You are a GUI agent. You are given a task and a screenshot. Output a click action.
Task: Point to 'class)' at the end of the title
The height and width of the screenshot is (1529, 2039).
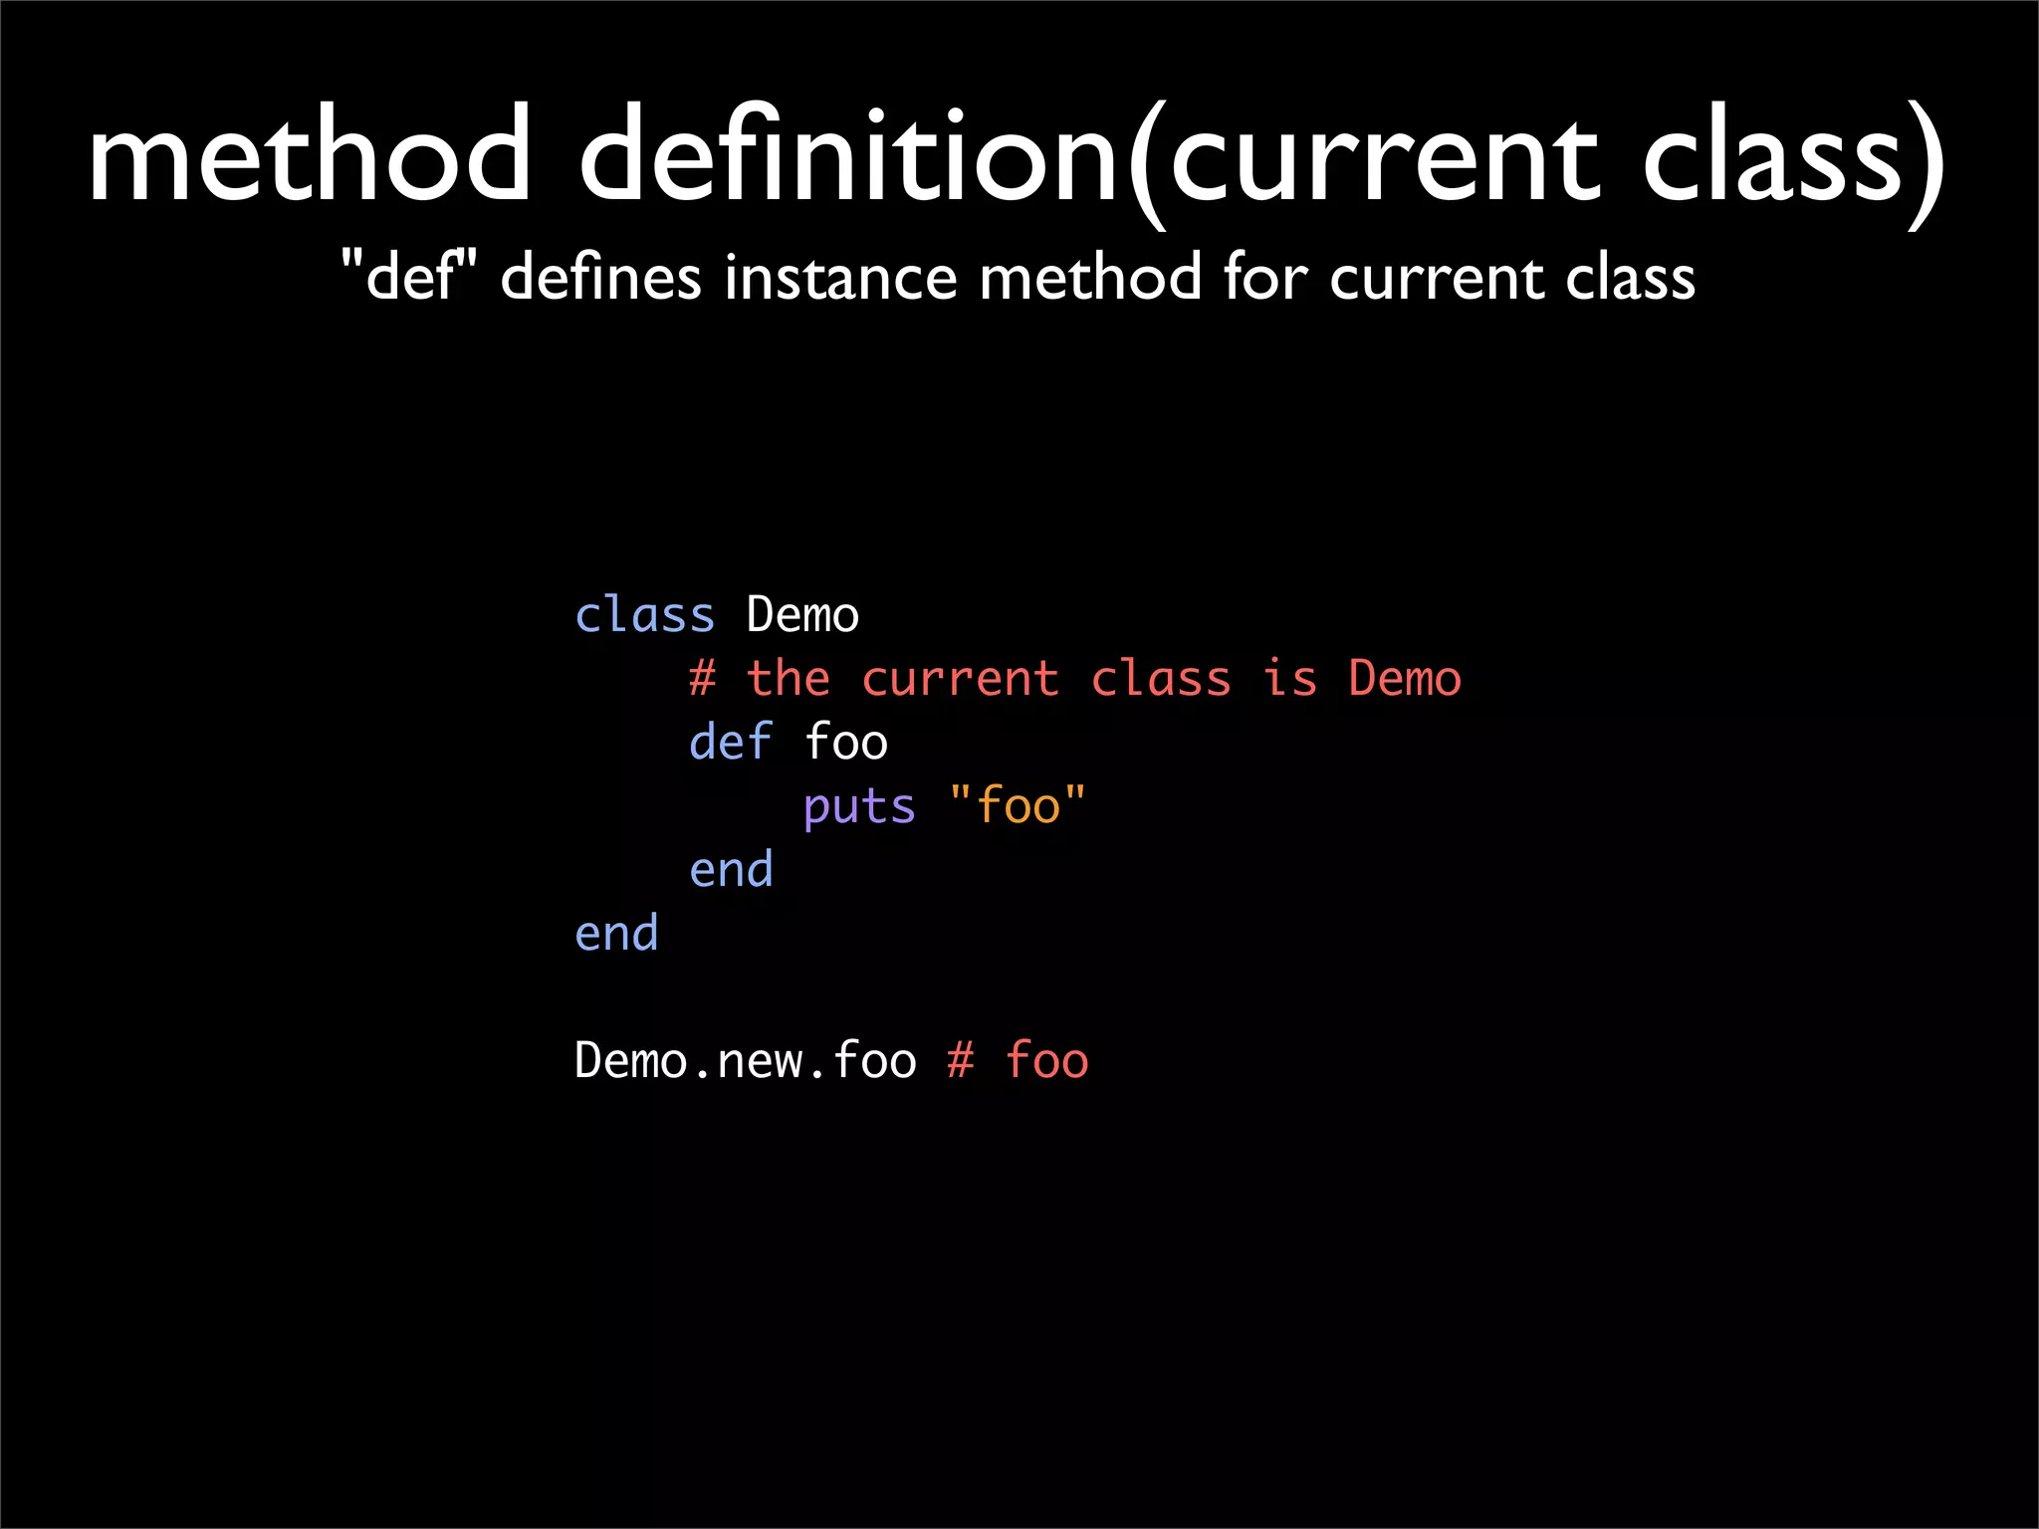(x=1791, y=159)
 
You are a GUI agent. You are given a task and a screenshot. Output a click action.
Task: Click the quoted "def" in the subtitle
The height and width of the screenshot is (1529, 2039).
(x=409, y=276)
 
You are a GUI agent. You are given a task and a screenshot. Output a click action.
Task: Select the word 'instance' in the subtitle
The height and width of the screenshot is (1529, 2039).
(x=839, y=277)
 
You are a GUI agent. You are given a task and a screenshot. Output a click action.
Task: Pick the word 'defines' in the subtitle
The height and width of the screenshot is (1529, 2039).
(x=600, y=277)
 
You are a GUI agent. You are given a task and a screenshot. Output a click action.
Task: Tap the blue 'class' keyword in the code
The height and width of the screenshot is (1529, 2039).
(x=644, y=615)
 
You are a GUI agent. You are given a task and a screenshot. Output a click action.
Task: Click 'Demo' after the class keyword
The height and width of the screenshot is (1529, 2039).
(x=802, y=615)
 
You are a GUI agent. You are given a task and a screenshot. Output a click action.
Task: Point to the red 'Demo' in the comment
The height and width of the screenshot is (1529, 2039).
(x=1405, y=679)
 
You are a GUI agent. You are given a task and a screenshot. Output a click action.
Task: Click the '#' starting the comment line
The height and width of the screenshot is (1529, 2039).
(x=702, y=679)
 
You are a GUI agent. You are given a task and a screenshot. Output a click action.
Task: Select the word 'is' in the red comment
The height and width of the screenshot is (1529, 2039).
(x=1290, y=679)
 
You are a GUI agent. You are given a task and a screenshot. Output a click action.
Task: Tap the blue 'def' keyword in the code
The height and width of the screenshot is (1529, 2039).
(x=731, y=743)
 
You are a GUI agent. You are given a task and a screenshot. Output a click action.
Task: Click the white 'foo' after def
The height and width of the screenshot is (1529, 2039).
(x=845, y=743)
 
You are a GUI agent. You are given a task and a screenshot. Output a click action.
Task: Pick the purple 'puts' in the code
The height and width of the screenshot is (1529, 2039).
(x=859, y=807)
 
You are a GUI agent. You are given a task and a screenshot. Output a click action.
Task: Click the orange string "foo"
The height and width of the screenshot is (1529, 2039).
(x=1018, y=805)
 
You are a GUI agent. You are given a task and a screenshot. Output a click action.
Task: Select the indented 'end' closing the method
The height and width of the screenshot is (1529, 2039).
(x=731, y=870)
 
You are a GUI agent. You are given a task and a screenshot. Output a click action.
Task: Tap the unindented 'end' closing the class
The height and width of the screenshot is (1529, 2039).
(x=616, y=934)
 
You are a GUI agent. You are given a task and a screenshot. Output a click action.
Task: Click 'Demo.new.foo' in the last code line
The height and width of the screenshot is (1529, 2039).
(x=745, y=1061)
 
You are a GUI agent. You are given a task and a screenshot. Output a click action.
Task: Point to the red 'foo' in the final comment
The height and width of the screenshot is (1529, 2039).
(x=1046, y=1061)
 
